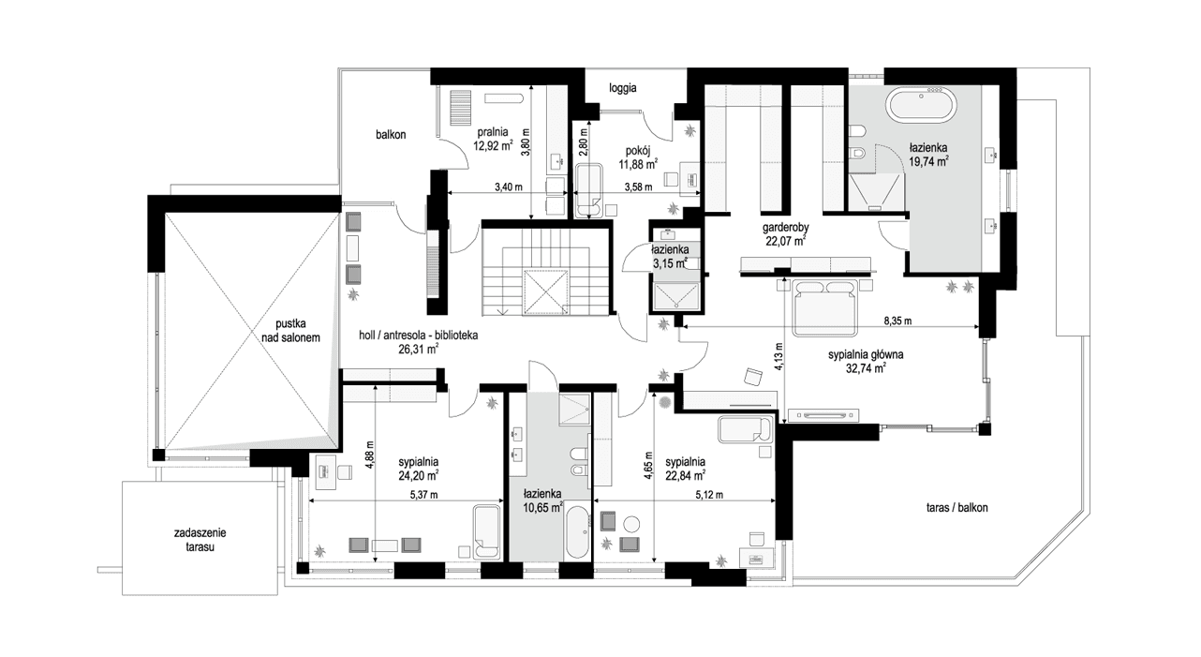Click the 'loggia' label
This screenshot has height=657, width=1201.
622,89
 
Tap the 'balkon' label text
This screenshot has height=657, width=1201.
391,135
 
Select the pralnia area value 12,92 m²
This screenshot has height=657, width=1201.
494,145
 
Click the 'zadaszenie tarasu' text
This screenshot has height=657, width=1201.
200,540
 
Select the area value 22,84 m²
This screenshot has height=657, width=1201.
685,474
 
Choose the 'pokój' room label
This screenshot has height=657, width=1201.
639,149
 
